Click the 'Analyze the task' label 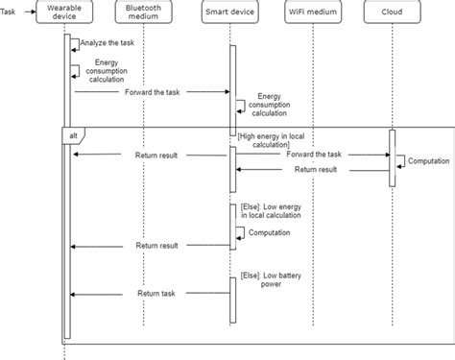pyautogui.click(x=107, y=42)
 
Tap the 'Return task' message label pyautogui.click(x=156, y=294)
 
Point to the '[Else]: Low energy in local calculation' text pyautogui.click(x=266, y=212)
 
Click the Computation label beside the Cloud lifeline pyautogui.click(x=428, y=161)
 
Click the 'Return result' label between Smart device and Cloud pyautogui.click(x=315, y=170)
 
